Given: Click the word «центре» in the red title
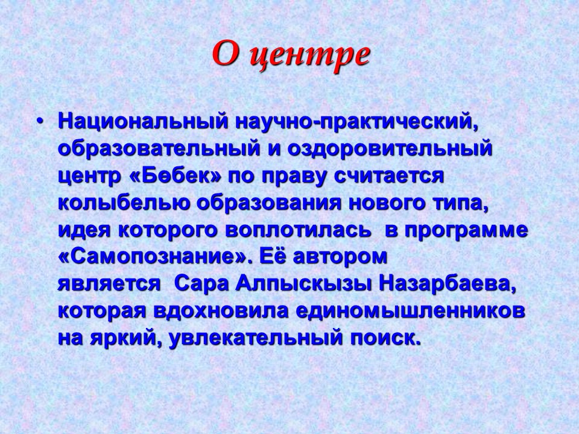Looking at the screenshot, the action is (309, 56).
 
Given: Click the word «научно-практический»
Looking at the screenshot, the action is (356, 122).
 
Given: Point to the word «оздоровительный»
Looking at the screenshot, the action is (390, 149).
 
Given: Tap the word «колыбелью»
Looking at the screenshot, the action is (124, 203).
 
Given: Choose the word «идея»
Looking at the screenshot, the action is (84, 230).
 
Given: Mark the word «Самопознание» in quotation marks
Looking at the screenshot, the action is (153, 257).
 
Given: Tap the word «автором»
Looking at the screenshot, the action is (340, 257).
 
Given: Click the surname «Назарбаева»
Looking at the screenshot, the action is (447, 285).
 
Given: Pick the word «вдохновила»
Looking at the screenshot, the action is (221, 312).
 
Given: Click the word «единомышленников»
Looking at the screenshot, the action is (410, 312).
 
